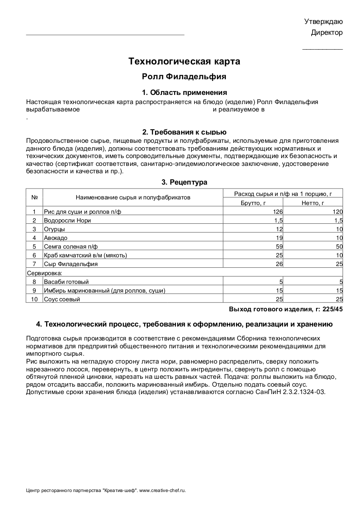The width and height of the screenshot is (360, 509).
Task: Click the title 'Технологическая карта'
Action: point(184,61)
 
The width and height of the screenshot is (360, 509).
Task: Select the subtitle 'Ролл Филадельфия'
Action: point(184,77)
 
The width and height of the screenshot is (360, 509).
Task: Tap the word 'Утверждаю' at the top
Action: point(323,21)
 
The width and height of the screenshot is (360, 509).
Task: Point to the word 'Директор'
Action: point(326,33)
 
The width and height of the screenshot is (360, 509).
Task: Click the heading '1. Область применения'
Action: point(184,92)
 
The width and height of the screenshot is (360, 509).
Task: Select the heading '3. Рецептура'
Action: point(184,182)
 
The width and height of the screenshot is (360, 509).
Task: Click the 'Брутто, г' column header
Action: point(252,203)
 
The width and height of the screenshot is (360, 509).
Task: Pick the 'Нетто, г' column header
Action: point(313,203)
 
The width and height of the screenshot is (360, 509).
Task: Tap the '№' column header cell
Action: point(34,197)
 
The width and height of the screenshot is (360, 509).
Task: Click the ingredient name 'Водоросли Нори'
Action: point(67,220)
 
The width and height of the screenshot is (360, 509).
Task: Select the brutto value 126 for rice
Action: point(278,212)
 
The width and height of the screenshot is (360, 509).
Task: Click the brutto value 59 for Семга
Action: point(279,246)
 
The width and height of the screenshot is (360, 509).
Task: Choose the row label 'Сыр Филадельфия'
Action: point(71,264)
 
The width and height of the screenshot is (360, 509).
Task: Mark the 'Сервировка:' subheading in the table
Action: point(45,273)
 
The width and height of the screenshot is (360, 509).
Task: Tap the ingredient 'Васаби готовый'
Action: point(66,282)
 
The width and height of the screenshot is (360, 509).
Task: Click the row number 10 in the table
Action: point(34,299)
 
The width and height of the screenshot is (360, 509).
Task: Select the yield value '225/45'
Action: point(333,310)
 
